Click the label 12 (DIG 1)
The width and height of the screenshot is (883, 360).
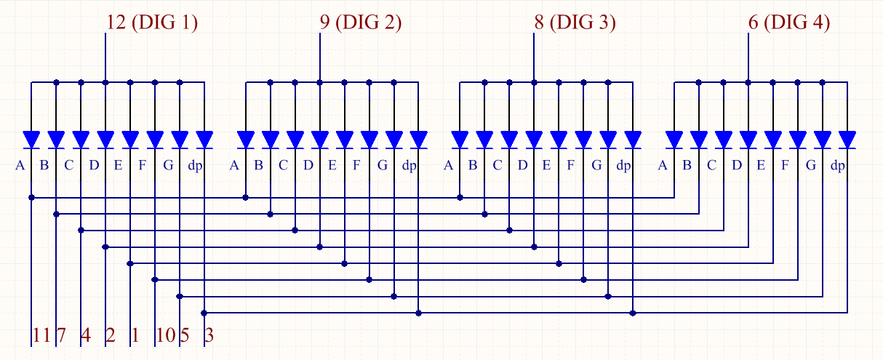pos(152,22)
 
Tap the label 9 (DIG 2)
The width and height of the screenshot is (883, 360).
pos(361,22)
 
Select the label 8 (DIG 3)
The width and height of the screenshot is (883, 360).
pos(575,22)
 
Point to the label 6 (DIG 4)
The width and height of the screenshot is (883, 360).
pos(789,22)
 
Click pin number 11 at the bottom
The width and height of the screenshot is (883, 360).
pos(41,335)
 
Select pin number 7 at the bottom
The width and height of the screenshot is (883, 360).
pos(61,335)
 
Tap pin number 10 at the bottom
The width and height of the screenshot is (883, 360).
pos(166,335)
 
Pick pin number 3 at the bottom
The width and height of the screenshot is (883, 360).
pos(209,335)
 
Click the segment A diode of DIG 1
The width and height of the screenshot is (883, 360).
pos(31,140)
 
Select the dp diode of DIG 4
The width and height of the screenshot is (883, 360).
pos(847,140)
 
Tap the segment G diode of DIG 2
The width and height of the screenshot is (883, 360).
pos(393,140)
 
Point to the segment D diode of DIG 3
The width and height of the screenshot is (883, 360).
pos(534,140)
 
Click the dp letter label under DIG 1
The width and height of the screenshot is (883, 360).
pos(195,166)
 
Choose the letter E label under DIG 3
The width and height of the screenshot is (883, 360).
pos(546,165)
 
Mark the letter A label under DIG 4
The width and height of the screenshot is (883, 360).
pos(663,165)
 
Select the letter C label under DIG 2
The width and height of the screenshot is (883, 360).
pos(283,165)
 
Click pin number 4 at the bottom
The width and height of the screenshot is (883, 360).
pos(86,335)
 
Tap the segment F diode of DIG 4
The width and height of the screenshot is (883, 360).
pos(798,140)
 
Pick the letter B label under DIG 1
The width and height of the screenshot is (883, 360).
pos(44,165)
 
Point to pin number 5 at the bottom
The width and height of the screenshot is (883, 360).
pos(185,335)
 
